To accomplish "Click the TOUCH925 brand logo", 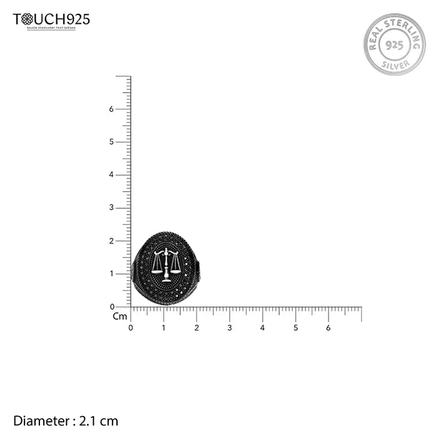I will [51, 20].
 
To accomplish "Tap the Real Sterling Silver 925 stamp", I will [394, 44].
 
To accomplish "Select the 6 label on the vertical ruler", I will [111, 109].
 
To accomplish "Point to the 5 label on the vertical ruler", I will [111, 142].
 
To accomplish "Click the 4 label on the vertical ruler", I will [111, 175].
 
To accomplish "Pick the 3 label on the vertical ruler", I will [111, 208].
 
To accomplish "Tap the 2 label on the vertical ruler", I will [111, 241].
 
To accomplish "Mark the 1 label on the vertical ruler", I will [111, 274].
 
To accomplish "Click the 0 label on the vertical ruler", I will [111, 307].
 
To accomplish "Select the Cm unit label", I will [120, 317].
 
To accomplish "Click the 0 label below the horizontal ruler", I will [130, 327].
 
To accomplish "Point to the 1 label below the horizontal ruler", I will [163, 327].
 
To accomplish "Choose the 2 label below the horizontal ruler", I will [196, 327].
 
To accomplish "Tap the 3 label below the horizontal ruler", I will [230, 327].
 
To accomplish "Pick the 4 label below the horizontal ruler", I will [262, 327].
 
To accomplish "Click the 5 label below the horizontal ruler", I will [295, 327].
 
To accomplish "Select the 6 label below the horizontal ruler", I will [328, 327].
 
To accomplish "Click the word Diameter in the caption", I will [40, 421].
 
